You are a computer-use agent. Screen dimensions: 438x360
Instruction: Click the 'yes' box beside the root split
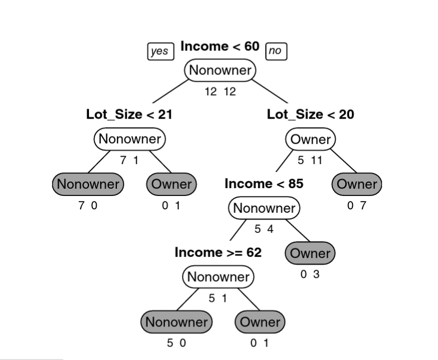(x=160, y=51)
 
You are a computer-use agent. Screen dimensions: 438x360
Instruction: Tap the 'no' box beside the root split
(x=275, y=51)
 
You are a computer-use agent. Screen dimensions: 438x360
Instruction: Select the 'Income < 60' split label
(x=220, y=46)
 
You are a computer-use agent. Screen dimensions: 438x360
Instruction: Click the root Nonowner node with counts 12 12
(x=220, y=71)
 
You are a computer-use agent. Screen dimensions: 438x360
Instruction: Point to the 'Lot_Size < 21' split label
(x=129, y=115)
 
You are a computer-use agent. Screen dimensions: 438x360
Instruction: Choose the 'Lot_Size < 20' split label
(x=310, y=115)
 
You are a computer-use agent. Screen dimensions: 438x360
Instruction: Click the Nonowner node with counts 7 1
(x=130, y=139)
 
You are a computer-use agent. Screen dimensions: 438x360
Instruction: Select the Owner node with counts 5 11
(x=310, y=139)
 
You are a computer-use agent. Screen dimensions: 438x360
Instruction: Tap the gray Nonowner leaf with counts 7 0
(x=88, y=184)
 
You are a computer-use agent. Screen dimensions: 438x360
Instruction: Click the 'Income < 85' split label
(x=263, y=184)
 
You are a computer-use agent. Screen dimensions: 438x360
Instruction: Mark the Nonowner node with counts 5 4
(x=264, y=208)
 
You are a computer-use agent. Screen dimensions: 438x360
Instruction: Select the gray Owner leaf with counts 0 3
(x=310, y=253)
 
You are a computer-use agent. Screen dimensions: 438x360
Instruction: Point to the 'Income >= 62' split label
(x=218, y=253)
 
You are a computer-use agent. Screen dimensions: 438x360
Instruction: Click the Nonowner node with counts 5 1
(x=218, y=277)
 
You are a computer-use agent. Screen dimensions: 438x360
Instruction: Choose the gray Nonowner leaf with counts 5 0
(x=176, y=322)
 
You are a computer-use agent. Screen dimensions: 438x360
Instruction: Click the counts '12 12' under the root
(x=220, y=92)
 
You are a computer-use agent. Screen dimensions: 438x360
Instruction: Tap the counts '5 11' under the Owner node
(x=310, y=161)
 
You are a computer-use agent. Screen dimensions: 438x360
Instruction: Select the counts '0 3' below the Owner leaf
(x=310, y=274)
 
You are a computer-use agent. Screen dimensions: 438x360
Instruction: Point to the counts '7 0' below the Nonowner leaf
(x=88, y=205)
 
